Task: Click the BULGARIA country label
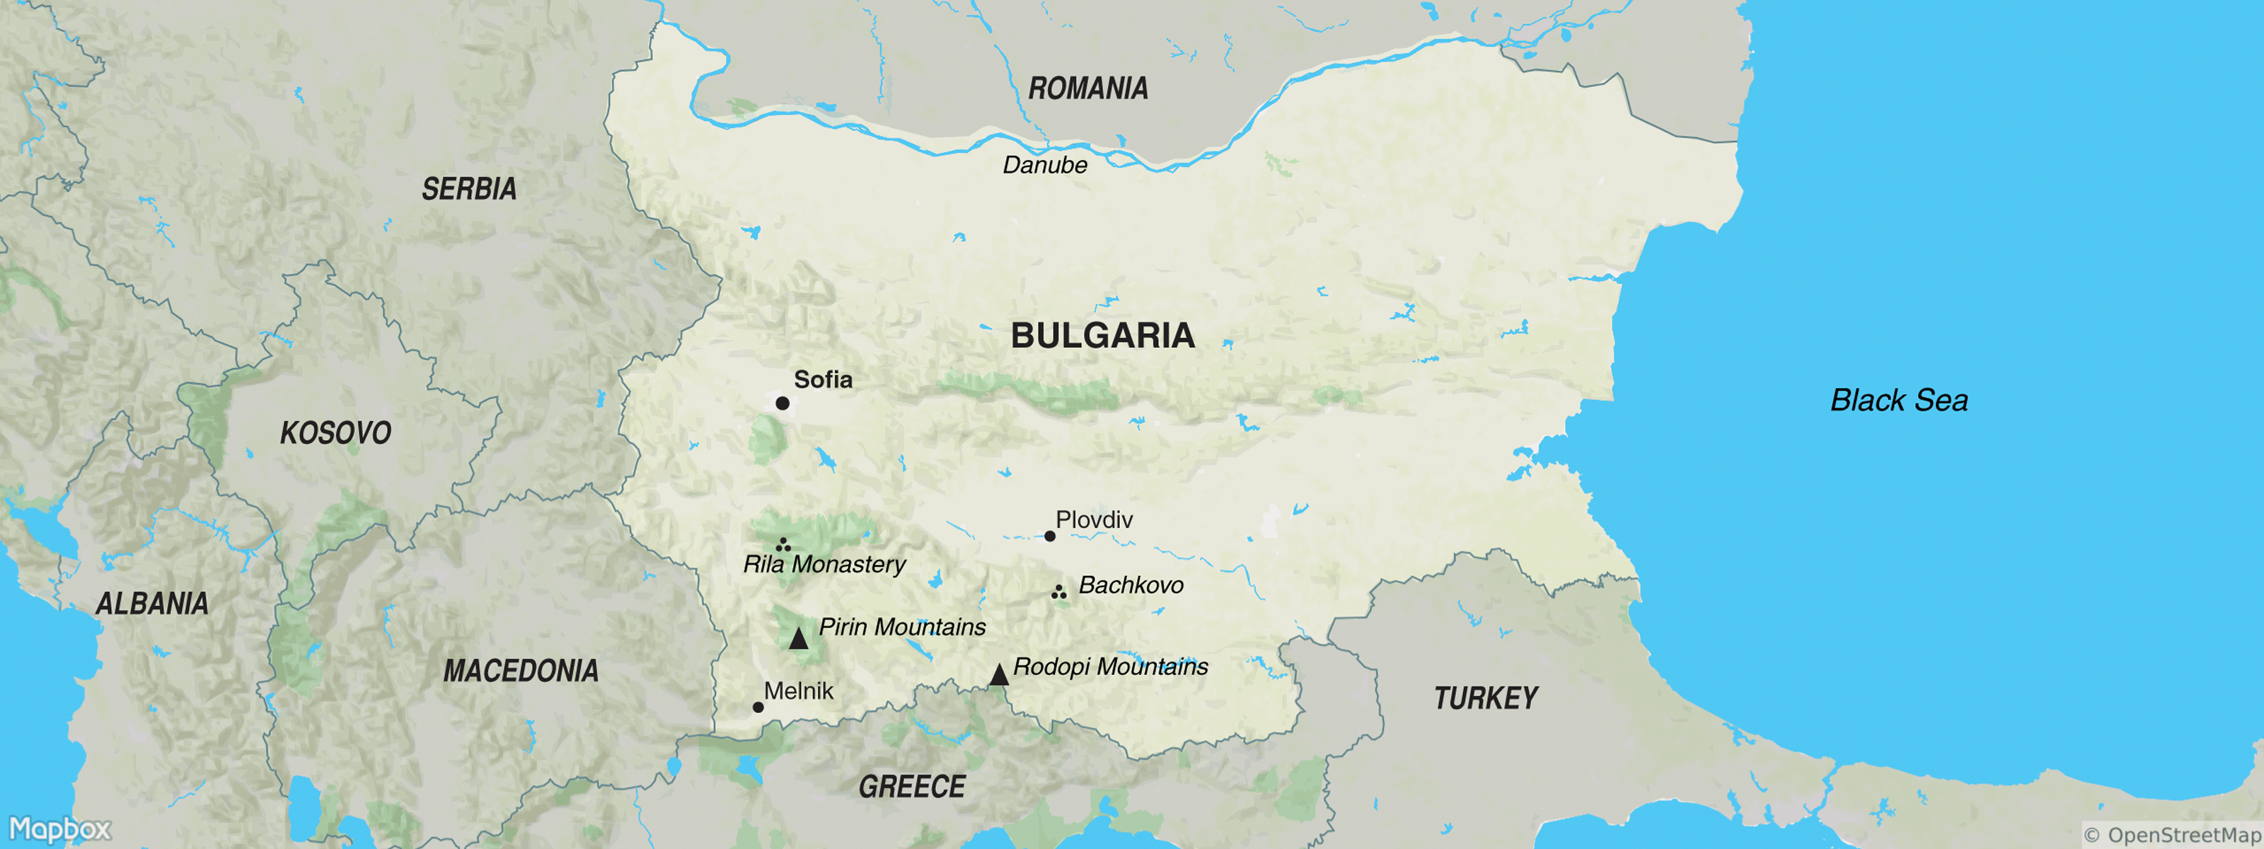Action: pos(1102,336)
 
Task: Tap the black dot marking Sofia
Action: pos(782,403)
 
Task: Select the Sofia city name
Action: pos(823,380)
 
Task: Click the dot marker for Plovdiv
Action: pos(1049,536)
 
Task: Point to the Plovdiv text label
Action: pos(1095,519)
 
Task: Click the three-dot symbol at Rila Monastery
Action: pos(783,545)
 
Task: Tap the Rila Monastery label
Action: pos(824,565)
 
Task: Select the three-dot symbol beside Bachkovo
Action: pos(1059,592)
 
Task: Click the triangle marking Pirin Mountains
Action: pos(798,638)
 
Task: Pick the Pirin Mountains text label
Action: pos(902,627)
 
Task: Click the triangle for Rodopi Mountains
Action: pos(998,675)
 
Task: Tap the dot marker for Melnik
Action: pos(758,707)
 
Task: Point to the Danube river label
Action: pos(1045,166)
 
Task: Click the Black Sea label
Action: pos(1898,400)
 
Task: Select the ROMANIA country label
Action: pos(1088,88)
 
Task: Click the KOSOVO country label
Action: pos(336,433)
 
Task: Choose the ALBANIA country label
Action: pos(152,603)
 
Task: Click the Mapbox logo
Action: pos(59,828)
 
